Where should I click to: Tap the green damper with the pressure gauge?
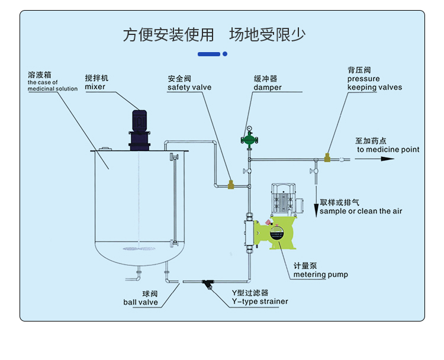249,140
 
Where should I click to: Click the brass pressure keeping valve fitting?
327,158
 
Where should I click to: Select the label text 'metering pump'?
321,274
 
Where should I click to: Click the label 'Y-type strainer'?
260,301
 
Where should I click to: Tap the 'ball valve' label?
140,302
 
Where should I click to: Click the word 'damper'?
268,88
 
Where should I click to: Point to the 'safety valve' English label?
189,88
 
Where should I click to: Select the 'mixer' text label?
95,87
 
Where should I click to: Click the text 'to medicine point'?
388,150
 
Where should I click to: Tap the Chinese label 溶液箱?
40,75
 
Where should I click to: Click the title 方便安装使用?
168,35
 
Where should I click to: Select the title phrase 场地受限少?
268,35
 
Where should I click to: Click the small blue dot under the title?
225,54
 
